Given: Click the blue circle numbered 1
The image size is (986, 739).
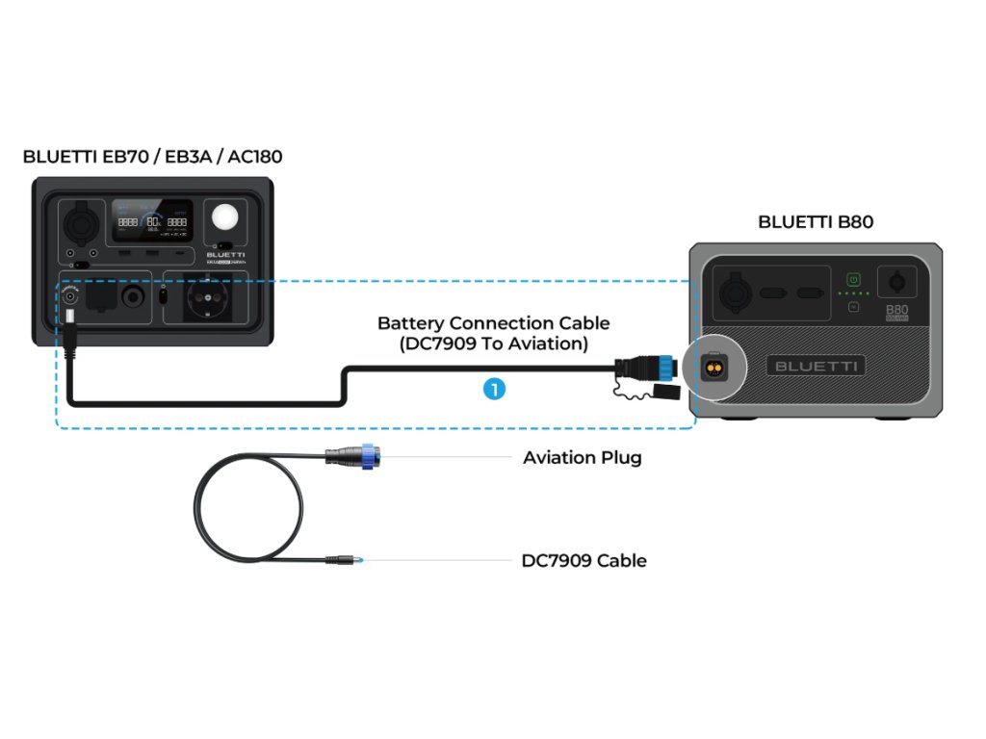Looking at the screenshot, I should (493, 389).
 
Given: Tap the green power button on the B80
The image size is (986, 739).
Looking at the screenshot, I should (852, 279).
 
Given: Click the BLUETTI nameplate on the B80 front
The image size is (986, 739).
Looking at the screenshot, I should (816, 366).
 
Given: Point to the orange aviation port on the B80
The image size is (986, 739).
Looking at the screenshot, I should (714, 366).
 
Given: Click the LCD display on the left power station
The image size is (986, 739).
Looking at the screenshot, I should (151, 221).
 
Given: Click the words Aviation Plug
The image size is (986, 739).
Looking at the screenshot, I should (582, 458).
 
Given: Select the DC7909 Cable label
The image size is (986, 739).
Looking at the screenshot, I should (584, 561).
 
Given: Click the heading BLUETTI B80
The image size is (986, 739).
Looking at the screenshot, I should (815, 222).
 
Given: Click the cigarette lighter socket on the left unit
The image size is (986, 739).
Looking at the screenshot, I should (79, 223).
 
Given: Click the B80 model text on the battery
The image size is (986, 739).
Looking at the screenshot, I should (896, 311).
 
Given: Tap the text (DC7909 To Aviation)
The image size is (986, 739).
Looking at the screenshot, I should (493, 344).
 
